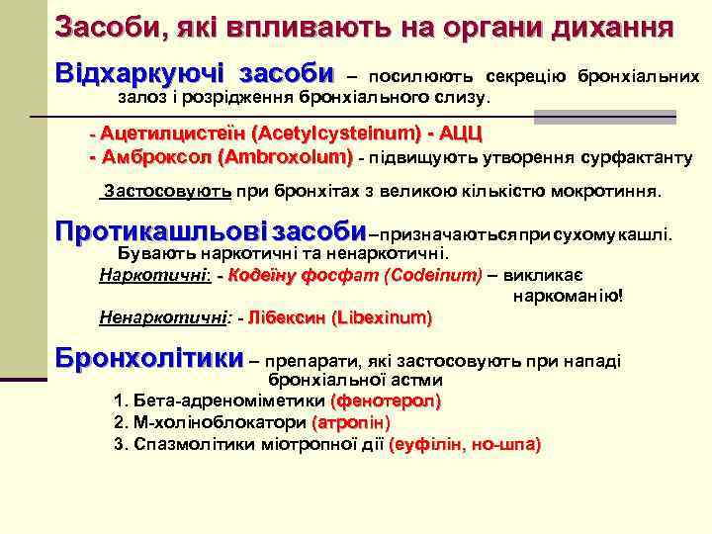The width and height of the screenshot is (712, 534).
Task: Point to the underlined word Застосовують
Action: tap(168, 191)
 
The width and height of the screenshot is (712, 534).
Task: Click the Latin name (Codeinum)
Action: tap(433, 275)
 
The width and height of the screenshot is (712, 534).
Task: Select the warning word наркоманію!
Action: tap(570, 295)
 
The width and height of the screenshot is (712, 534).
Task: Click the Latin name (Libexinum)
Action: tap(384, 318)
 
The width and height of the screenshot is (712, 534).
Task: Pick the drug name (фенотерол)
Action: tap(387, 401)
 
